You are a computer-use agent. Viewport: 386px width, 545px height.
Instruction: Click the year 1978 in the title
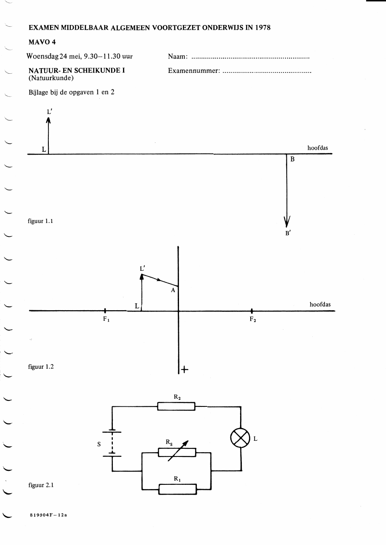point(263,28)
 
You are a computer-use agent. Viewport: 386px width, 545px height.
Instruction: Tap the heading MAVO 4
point(42,42)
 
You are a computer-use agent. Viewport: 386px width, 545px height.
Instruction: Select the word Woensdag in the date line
point(42,56)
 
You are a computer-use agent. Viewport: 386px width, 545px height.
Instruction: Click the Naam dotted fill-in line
point(250,58)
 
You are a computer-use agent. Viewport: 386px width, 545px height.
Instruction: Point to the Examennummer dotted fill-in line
point(267,72)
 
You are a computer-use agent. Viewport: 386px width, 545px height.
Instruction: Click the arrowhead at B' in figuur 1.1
point(287,221)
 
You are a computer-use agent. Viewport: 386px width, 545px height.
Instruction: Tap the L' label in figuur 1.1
point(50,112)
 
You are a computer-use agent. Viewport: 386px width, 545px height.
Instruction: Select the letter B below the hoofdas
point(293,159)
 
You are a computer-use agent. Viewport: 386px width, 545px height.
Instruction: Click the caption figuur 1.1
point(40,221)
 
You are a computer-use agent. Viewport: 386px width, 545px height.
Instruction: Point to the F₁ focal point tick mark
point(105,311)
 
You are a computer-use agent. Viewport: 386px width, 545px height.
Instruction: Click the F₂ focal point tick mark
point(252,311)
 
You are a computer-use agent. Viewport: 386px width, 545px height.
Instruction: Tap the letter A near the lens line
point(173,290)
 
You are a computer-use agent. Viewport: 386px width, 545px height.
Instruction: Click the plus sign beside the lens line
point(185,370)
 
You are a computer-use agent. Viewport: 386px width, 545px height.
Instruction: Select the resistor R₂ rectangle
point(176,406)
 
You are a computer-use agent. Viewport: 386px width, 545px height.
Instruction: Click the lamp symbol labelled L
point(241,438)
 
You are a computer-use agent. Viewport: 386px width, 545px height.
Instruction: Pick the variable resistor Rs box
point(177,452)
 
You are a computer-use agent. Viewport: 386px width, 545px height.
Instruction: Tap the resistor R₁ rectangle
point(178,489)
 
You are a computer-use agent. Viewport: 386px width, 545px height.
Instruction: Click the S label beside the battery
point(99,444)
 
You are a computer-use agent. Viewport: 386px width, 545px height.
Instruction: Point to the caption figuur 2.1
point(41,485)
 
